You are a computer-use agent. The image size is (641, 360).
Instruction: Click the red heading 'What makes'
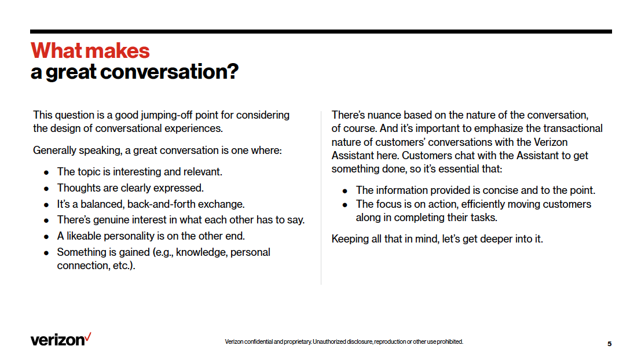(90, 51)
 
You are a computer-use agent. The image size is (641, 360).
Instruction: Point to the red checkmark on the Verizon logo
(88, 336)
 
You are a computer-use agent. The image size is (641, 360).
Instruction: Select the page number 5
(609, 344)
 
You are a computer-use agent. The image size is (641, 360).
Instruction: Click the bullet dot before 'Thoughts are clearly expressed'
(46, 188)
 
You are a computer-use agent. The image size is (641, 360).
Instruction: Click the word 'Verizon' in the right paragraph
(550, 142)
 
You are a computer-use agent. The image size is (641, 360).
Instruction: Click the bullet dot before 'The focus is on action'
(345, 204)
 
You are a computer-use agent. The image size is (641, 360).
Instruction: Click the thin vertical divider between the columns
(321, 197)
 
